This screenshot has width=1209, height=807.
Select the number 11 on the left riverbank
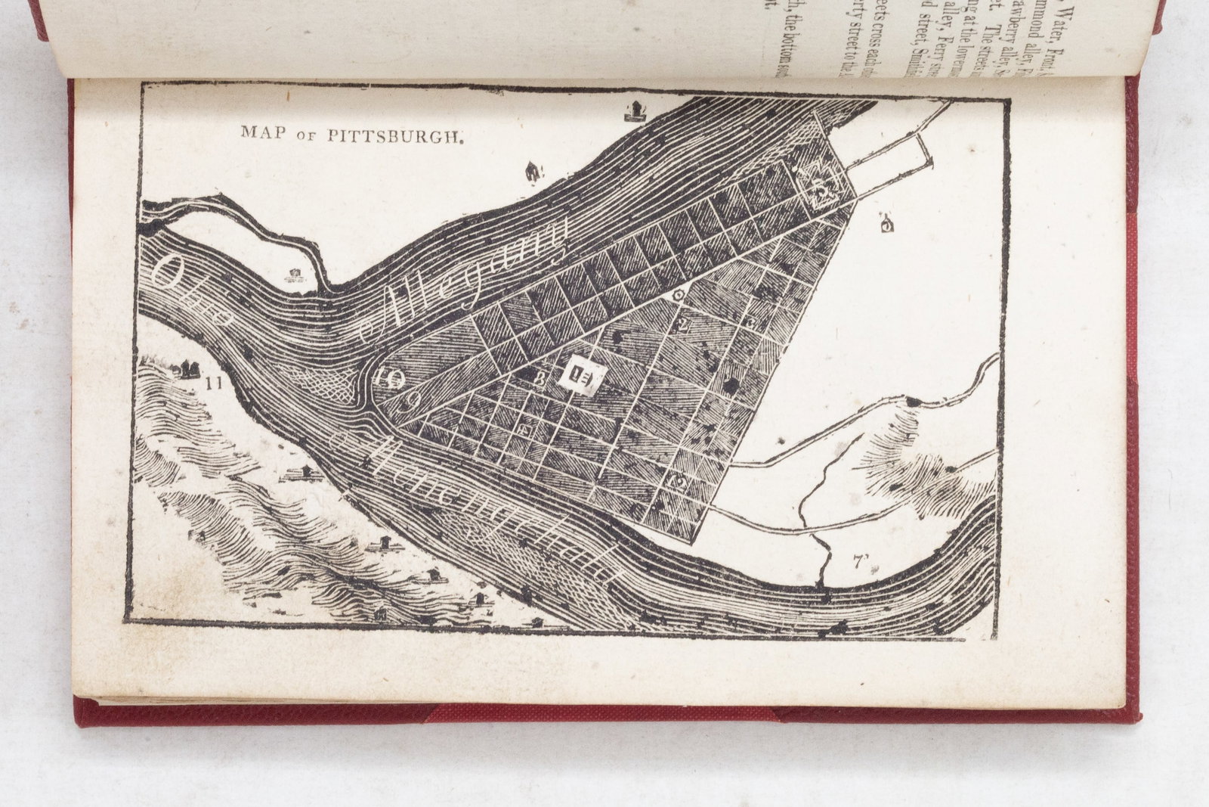214,383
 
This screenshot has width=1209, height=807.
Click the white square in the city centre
581,374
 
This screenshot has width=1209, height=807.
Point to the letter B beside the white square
540,379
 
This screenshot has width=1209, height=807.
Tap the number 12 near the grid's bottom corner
678,482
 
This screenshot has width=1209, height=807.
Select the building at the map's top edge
634,111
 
